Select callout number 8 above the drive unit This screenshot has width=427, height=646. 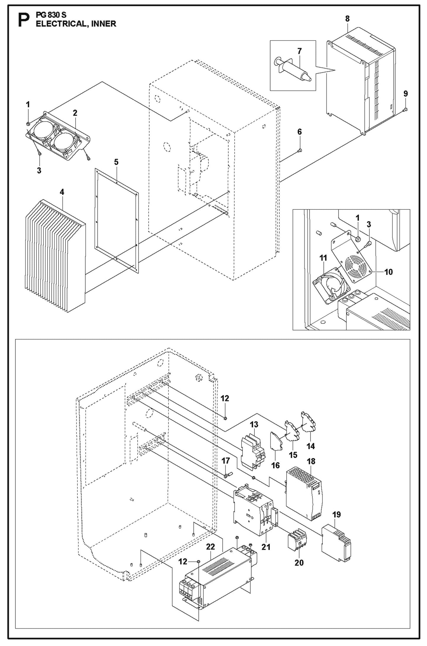[x=347, y=19]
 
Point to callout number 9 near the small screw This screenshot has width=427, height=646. [x=405, y=94]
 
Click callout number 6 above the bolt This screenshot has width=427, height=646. [x=299, y=132]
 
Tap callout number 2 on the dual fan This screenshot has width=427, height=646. [x=75, y=113]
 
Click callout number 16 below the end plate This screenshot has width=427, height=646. [x=275, y=465]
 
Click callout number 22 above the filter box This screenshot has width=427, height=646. [x=210, y=547]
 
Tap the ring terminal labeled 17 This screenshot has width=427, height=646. [x=227, y=476]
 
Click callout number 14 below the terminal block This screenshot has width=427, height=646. [x=311, y=446]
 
